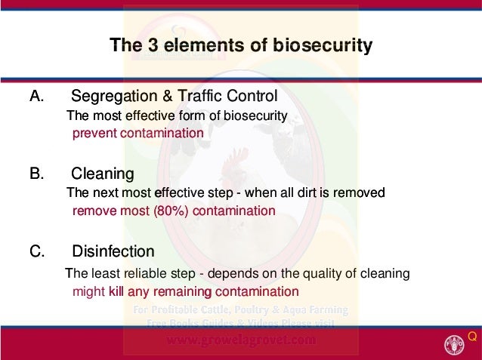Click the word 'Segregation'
[110, 97]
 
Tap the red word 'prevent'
[93, 133]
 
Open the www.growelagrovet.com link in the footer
[241, 340]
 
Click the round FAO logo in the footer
[455, 342]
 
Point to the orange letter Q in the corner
[472, 335]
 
